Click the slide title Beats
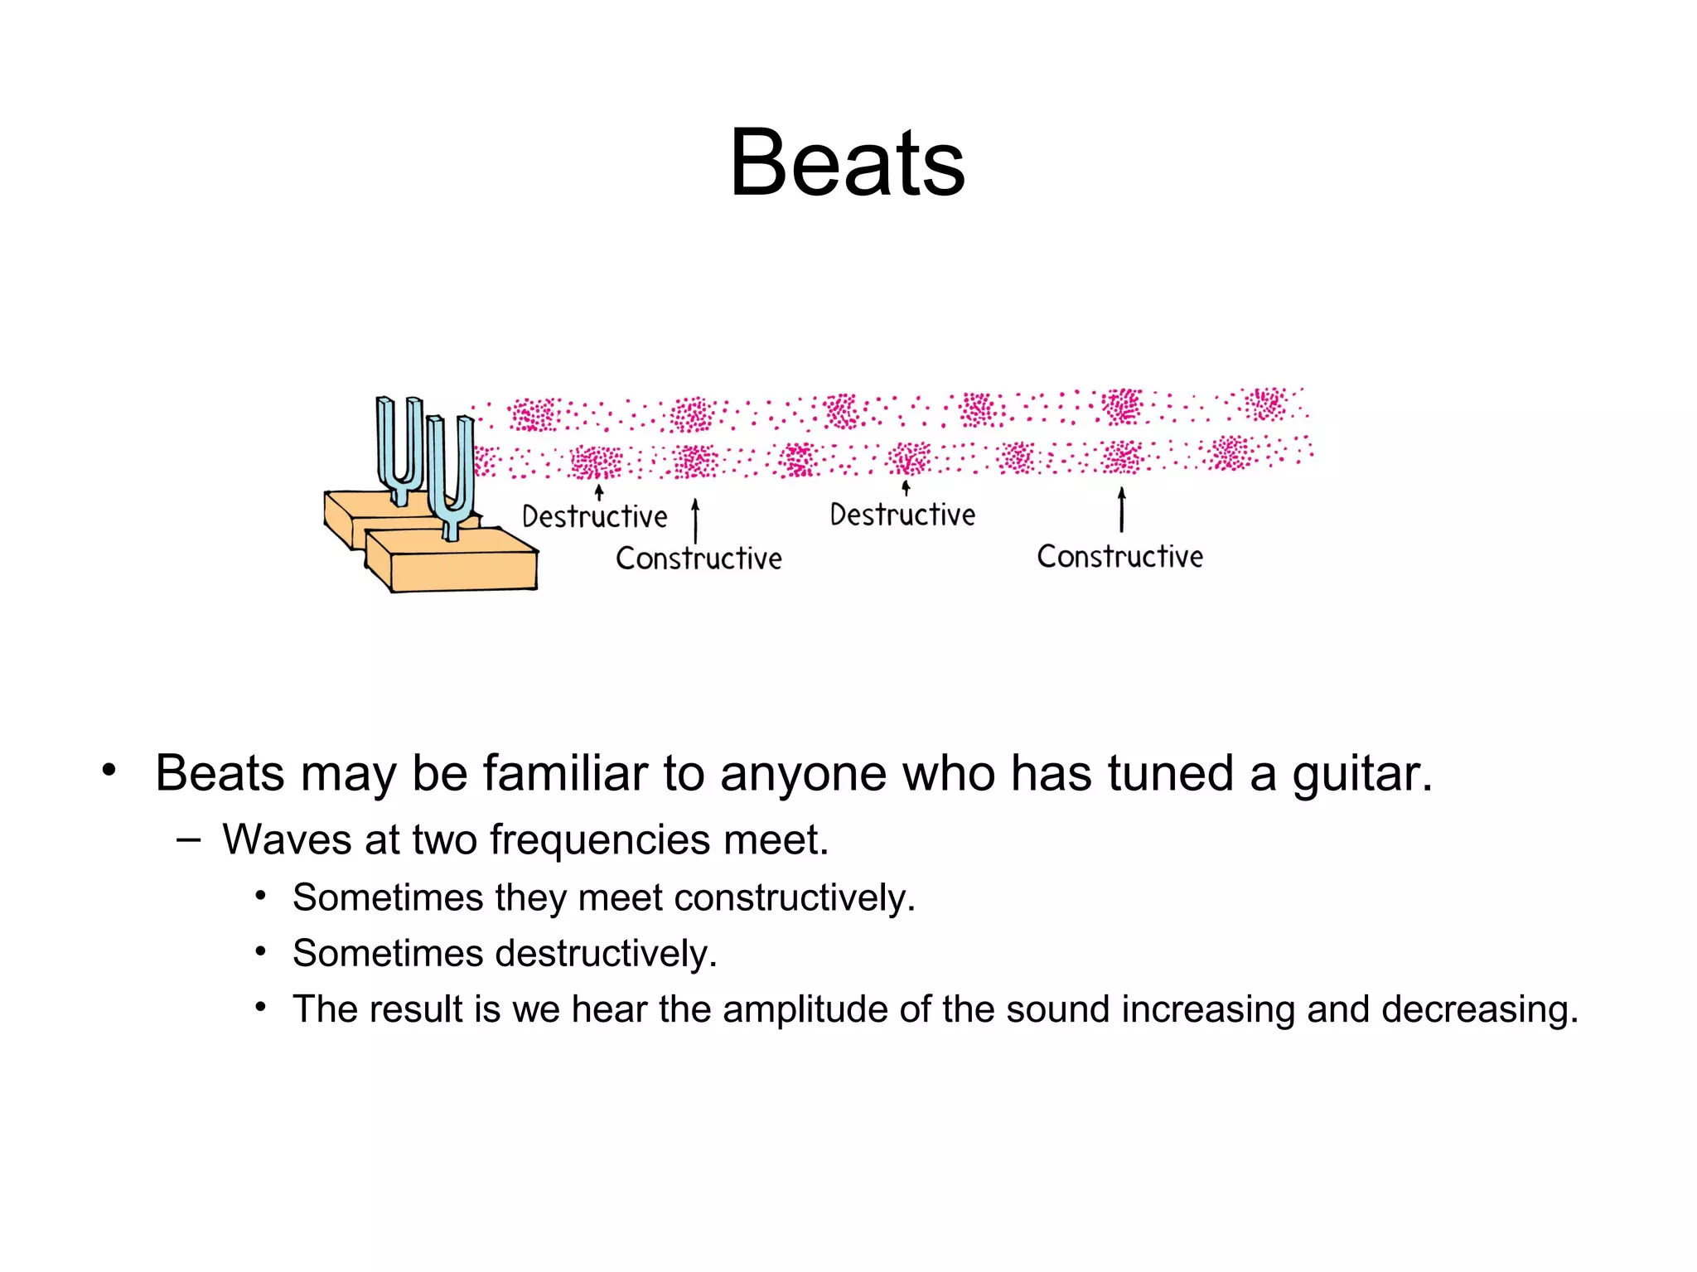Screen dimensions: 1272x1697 tap(847, 163)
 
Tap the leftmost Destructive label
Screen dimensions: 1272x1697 tap(594, 517)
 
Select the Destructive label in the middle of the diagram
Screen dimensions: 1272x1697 tap(902, 515)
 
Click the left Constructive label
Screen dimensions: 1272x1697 tap(699, 559)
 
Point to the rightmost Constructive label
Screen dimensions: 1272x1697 tap(1119, 557)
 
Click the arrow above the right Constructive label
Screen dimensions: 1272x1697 tap(1122, 509)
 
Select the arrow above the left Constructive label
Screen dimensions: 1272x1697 tap(695, 520)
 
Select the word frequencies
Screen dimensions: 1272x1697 tap(600, 840)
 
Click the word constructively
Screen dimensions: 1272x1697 tap(795, 898)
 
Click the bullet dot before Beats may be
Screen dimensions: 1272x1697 tap(109, 770)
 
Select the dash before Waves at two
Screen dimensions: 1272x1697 tap(188, 839)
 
